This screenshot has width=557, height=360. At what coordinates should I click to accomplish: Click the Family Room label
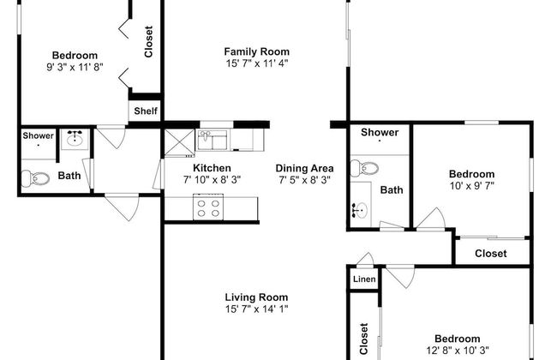[256, 51]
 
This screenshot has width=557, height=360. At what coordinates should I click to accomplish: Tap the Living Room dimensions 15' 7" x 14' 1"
[256, 309]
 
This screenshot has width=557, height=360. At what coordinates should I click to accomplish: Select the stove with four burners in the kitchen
[208, 207]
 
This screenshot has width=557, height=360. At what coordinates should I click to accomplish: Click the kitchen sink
[213, 140]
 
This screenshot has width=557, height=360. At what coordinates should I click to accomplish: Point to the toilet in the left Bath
[35, 178]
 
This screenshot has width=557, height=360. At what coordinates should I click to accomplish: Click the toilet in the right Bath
[364, 168]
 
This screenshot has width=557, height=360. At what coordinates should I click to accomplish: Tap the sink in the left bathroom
[75, 139]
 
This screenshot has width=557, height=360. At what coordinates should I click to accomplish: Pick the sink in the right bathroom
[360, 209]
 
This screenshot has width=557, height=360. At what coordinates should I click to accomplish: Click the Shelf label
[146, 111]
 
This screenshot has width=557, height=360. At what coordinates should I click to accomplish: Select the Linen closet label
[364, 279]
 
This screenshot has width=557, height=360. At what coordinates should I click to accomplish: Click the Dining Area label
[304, 168]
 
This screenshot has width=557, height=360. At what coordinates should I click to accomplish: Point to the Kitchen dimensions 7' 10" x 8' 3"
[212, 180]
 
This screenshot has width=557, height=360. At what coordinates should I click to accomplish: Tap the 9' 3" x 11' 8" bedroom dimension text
[75, 67]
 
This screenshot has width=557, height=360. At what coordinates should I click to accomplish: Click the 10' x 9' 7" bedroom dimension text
[472, 185]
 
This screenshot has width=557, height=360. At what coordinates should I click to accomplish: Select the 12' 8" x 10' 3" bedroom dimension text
[458, 351]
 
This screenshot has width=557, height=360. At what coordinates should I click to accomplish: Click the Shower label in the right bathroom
[380, 133]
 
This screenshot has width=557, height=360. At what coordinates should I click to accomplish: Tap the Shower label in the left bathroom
[38, 135]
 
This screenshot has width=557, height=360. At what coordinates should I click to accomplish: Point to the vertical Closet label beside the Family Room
[148, 41]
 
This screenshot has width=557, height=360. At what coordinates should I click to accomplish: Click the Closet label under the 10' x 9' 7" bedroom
[490, 254]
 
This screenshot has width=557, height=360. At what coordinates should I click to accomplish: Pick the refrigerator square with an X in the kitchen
[179, 143]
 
